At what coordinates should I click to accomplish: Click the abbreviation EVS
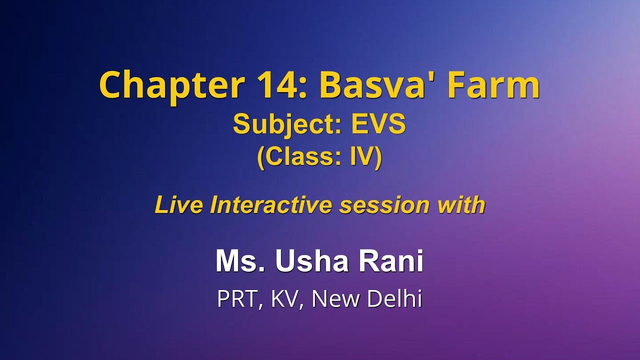point(378,125)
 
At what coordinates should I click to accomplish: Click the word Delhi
point(394,299)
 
